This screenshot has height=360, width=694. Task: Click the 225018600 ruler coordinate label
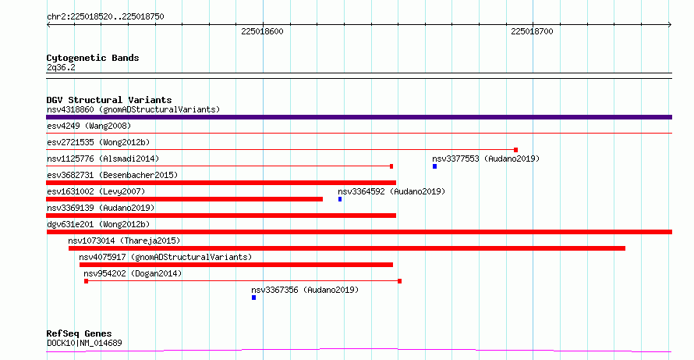(x=262, y=31)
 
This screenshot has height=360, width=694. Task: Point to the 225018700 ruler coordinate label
(x=532, y=31)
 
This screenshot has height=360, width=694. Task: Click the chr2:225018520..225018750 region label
(x=105, y=16)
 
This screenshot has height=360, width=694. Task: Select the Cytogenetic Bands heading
(x=93, y=58)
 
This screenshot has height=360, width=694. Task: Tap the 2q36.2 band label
(x=61, y=67)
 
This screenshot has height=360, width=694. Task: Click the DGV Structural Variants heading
(x=109, y=100)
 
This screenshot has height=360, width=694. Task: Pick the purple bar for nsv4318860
(x=359, y=117)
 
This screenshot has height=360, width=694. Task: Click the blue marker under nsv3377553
(x=434, y=166)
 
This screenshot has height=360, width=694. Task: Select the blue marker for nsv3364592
(x=340, y=199)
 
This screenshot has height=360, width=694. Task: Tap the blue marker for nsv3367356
(x=253, y=298)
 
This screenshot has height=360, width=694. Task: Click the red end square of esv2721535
(x=515, y=150)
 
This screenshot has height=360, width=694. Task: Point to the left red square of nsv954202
(x=86, y=281)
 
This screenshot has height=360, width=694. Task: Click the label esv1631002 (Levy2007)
(x=96, y=191)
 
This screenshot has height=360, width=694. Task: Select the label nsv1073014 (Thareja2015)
(x=124, y=241)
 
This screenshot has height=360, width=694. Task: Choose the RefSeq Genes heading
(x=80, y=333)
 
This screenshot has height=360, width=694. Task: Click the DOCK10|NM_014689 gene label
(x=84, y=343)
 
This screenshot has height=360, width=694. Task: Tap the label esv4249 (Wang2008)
(x=89, y=126)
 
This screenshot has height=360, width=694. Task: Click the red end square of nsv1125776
(x=391, y=166)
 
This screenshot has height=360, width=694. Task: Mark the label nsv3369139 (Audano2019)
(x=101, y=208)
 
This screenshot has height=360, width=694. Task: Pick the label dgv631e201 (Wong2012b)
(x=98, y=224)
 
